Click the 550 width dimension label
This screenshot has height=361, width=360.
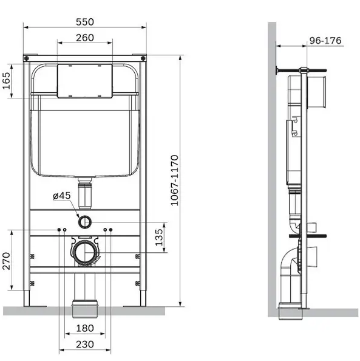[85, 22]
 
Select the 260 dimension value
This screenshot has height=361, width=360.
[85, 38]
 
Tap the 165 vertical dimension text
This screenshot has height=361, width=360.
[7, 81]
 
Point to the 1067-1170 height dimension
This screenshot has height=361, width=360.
[175, 180]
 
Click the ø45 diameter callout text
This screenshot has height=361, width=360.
[62, 196]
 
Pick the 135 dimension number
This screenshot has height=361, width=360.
[158, 238]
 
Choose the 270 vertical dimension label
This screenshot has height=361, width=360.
[7, 261]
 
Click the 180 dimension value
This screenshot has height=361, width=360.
[85, 328]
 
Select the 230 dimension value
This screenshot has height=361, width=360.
[85, 345]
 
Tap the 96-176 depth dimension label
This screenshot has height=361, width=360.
[325, 41]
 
